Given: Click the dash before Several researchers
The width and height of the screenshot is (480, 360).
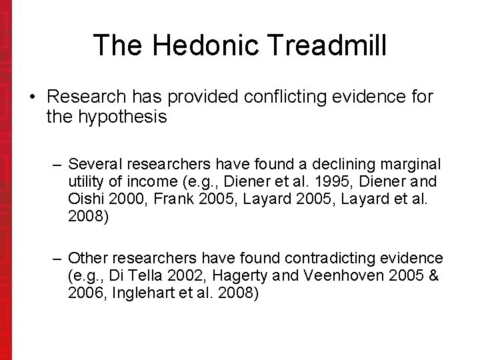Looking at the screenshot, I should tap(58, 164).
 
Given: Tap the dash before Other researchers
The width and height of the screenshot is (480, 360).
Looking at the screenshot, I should tap(58, 258).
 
